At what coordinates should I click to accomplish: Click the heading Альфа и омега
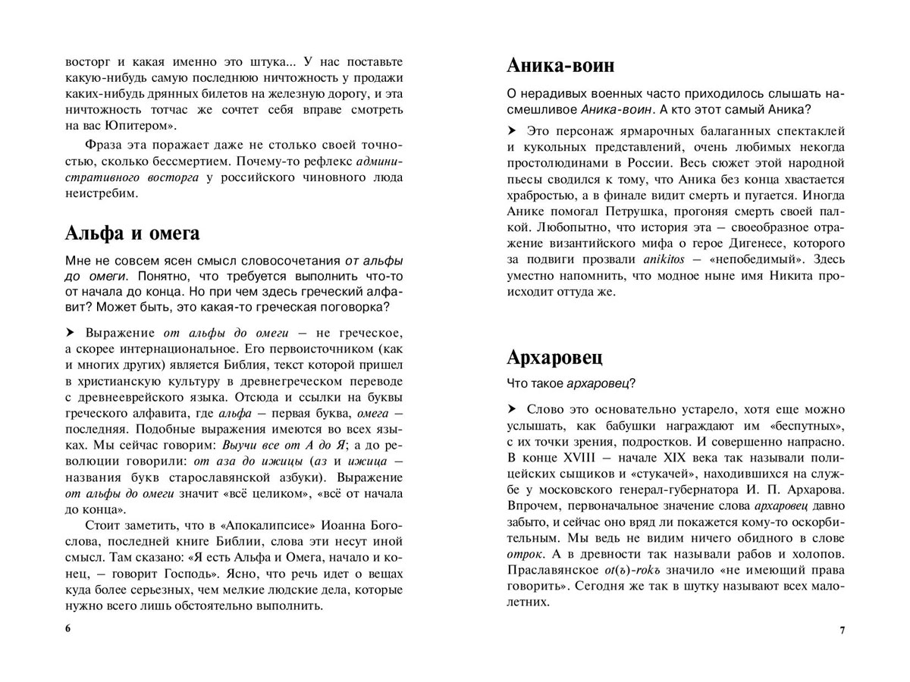(x=133, y=232)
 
